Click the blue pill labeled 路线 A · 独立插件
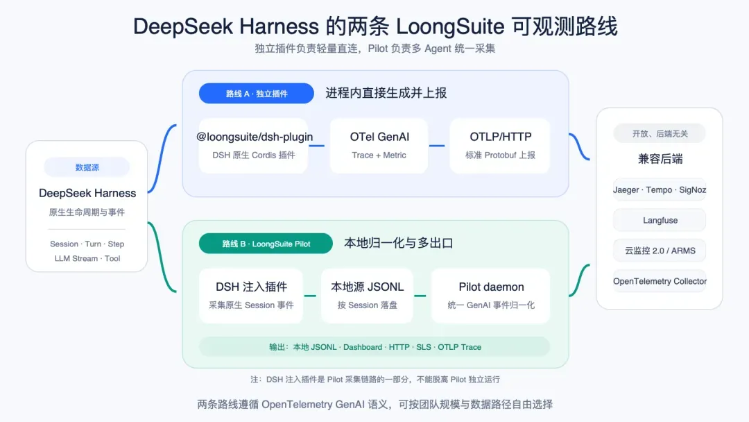[x=257, y=94]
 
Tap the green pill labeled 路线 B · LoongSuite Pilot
[x=266, y=244]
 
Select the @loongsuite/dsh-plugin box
[x=254, y=145]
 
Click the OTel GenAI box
[x=379, y=145]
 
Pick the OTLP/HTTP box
[x=500, y=145]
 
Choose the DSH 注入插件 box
[x=251, y=296]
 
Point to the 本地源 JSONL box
[x=367, y=296]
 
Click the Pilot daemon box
[x=491, y=296]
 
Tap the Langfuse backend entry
[x=660, y=220]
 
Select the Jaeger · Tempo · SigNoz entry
[x=660, y=189]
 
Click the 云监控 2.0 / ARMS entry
[x=660, y=251]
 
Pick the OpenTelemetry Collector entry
[x=660, y=281]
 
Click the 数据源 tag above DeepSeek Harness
[x=87, y=167]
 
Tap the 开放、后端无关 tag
[x=660, y=134]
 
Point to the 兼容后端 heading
[x=660, y=159]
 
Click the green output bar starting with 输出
[x=374, y=347]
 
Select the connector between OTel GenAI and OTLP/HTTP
[x=437, y=146]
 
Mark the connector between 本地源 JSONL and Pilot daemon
[x=420, y=296]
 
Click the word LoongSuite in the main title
[x=450, y=27]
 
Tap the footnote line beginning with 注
[x=375, y=380]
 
